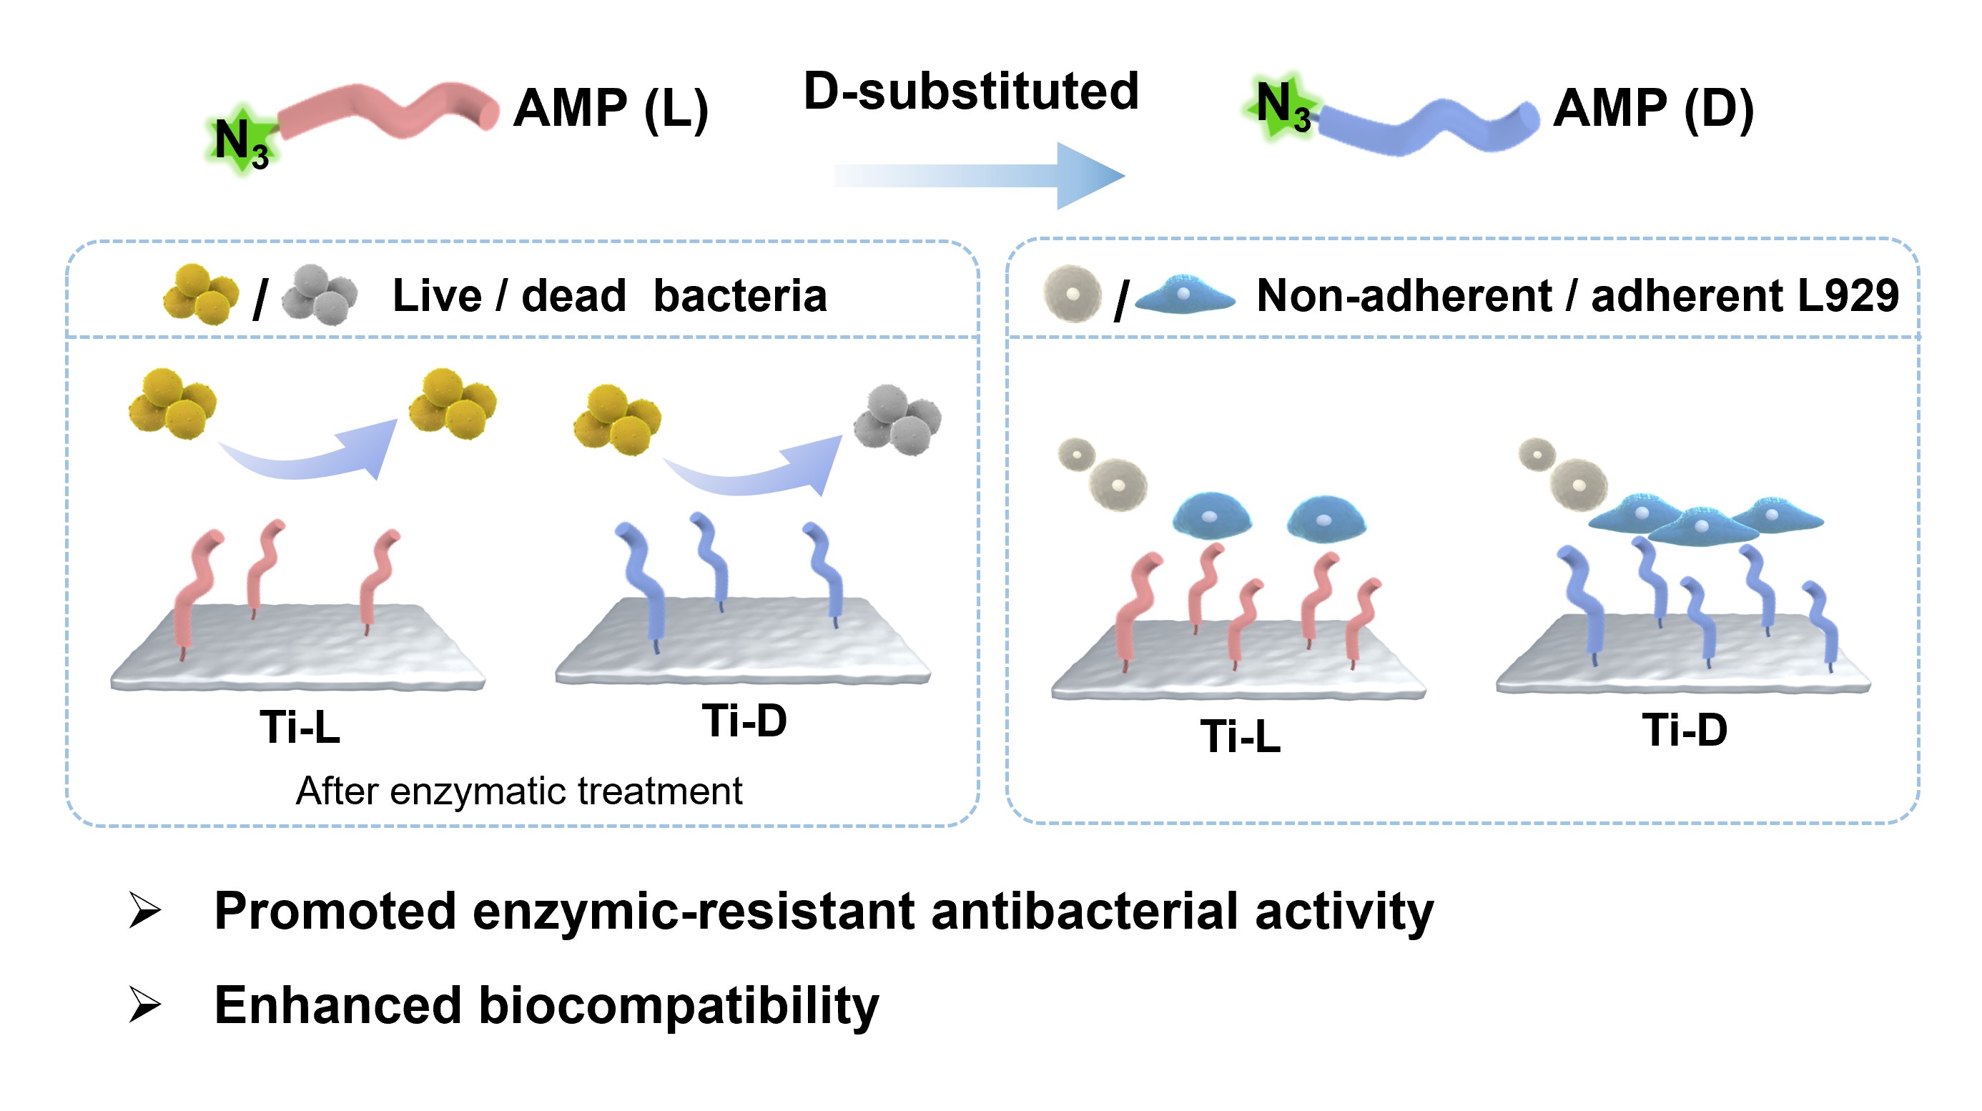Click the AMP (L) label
pyautogui.click(x=610, y=109)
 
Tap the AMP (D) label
pyautogui.click(x=1652, y=109)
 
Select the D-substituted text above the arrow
pyautogui.click(x=970, y=92)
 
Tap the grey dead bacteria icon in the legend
pyautogui.click(x=320, y=295)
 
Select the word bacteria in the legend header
pyautogui.click(x=739, y=296)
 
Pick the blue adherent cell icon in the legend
pyautogui.click(x=1185, y=296)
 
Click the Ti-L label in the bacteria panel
pyautogui.click(x=300, y=727)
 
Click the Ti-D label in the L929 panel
pyautogui.click(x=1685, y=729)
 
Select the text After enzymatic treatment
pyautogui.click(x=519, y=791)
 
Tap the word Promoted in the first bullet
pyautogui.click(x=335, y=912)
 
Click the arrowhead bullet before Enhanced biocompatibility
pyautogui.click(x=144, y=1004)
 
